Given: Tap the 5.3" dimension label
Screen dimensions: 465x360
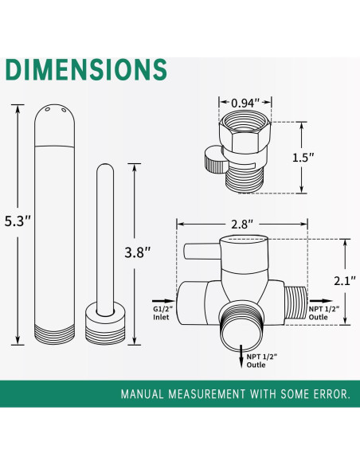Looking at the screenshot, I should click(x=18, y=221).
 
